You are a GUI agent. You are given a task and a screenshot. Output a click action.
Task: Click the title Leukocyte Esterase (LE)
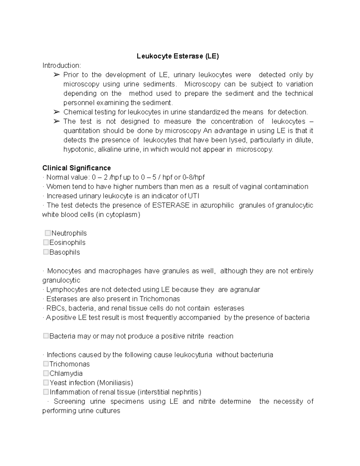pyautogui.click(x=178, y=56)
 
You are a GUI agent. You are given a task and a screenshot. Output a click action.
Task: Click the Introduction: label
pyautogui.click(x=61, y=65)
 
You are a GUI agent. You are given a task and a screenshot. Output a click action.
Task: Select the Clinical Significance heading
pyautogui.click(x=76, y=168)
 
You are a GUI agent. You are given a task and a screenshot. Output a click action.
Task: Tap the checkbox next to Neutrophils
pyautogui.click(x=48, y=233)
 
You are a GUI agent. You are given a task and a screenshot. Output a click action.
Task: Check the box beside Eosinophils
pyautogui.click(x=46, y=242)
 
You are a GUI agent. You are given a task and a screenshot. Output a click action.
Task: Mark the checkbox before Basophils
pyautogui.click(x=46, y=252)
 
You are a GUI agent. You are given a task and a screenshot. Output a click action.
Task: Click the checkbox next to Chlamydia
pyautogui.click(x=46, y=373)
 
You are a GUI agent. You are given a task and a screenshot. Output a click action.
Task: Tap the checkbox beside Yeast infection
pyautogui.click(x=46, y=382)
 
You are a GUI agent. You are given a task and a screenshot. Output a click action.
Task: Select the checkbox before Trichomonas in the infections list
pyautogui.click(x=46, y=364)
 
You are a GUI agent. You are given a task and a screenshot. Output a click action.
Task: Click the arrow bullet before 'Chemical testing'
pyautogui.click(x=56, y=112)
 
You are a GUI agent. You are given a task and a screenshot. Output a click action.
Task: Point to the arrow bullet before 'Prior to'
pyautogui.click(x=56, y=75)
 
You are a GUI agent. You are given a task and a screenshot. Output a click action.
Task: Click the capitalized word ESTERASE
pyautogui.click(x=171, y=205)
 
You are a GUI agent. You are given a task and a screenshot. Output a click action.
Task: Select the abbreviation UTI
pyautogui.click(x=193, y=196)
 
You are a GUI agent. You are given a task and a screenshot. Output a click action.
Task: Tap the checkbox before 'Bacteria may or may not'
pyautogui.click(x=46, y=336)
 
